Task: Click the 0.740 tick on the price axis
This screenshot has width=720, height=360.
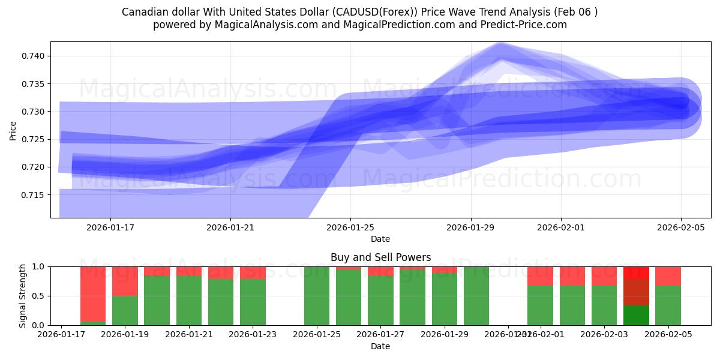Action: [33, 56]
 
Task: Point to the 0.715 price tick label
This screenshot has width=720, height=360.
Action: [33, 195]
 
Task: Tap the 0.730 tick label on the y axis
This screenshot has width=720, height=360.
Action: [33, 112]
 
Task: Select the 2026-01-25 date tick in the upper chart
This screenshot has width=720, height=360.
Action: [350, 227]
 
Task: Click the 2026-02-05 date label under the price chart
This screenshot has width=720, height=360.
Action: [680, 227]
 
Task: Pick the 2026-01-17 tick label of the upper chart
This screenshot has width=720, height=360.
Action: [110, 227]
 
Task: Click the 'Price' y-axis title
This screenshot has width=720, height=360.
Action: [13, 130]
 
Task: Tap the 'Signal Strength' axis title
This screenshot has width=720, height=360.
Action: [22, 296]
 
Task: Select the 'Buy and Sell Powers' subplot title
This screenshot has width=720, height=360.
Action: [380, 257]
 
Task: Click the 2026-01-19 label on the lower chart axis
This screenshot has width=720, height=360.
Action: [125, 335]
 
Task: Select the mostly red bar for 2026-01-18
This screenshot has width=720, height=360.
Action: [93, 294]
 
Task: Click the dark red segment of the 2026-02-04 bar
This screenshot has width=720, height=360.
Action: [636, 292]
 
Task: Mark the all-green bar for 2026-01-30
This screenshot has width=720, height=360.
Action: [476, 296]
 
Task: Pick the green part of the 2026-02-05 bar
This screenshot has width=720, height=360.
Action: [668, 305]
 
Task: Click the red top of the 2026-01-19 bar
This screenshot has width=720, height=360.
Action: [125, 281]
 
